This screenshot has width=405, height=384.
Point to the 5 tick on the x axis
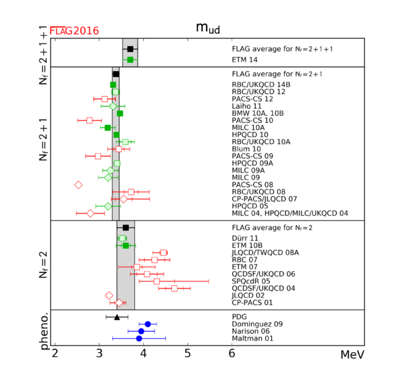click(x=188, y=354)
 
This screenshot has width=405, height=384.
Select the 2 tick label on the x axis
click(x=55, y=354)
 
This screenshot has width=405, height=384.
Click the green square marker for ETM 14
click(x=130, y=59)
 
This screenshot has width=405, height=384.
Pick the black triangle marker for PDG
click(x=117, y=316)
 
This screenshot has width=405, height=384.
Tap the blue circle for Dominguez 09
click(x=148, y=324)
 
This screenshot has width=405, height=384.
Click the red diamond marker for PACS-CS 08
click(x=78, y=184)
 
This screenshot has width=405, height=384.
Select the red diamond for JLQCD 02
click(x=109, y=295)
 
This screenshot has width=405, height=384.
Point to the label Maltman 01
click(x=252, y=339)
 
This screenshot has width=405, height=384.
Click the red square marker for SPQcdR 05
click(x=157, y=281)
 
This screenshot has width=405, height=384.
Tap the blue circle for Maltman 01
click(x=139, y=338)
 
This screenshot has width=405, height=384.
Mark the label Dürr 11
click(x=244, y=238)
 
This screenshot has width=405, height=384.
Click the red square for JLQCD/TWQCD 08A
click(x=163, y=252)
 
